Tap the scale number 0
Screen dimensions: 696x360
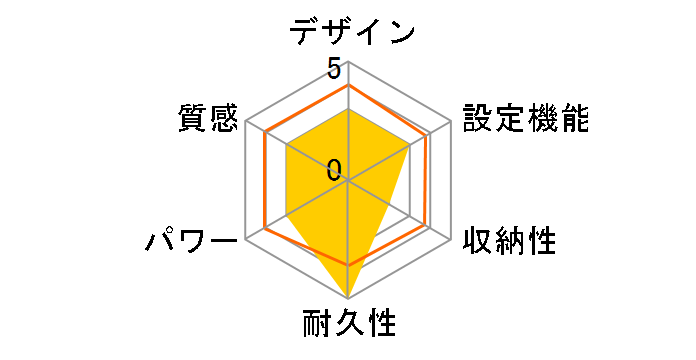click(333, 168)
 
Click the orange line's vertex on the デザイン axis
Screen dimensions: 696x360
click(348, 86)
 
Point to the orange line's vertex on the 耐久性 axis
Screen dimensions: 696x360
click(348, 265)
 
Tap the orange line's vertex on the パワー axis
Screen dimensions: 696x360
click(264, 229)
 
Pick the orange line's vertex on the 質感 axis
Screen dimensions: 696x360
click(266, 134)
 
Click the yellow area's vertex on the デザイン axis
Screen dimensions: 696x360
click(348, 110)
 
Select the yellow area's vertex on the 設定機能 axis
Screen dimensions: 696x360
click(410, 146)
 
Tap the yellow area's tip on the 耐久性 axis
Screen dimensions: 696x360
click(348, 299)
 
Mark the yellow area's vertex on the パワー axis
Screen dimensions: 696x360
click(286, 216)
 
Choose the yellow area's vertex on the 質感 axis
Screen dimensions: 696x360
click(286, 146)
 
